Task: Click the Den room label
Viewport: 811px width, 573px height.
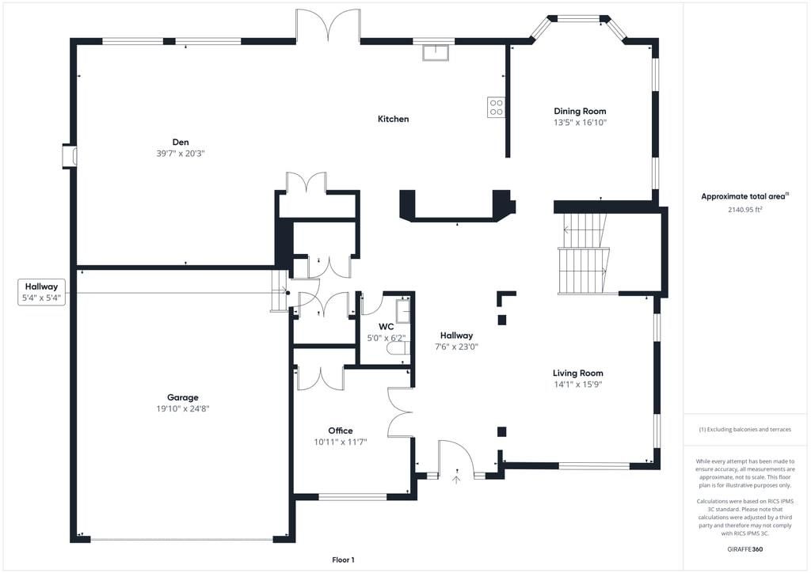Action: (181, 142)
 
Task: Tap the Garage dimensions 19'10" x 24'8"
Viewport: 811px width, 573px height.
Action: (183, 409)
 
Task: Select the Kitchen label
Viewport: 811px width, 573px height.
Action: (393, 119)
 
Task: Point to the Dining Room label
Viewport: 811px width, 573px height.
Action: (580, 111)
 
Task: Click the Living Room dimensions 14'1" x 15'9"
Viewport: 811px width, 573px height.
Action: (578, 385)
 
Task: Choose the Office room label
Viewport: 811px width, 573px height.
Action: (341, 431)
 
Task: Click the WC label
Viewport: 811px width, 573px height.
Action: (386, 326)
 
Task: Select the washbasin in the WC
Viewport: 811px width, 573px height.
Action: (403, 311)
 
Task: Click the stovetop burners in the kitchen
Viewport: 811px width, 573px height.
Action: (497, 107)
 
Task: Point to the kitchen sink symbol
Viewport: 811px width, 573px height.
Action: (435, 53)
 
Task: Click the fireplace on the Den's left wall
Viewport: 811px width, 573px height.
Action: (70, 156)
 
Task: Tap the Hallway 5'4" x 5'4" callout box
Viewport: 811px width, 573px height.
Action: (42, 292)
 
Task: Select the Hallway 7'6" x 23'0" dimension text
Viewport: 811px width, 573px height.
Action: (456, 347)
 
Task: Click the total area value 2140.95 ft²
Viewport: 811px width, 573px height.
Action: (744, 211)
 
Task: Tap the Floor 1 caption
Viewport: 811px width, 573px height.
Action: (342, 560)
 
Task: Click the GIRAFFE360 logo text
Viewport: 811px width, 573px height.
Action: (744, 548)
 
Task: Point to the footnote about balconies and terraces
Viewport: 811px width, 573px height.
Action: (744, 429)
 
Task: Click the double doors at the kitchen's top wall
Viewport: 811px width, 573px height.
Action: (328, 25)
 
